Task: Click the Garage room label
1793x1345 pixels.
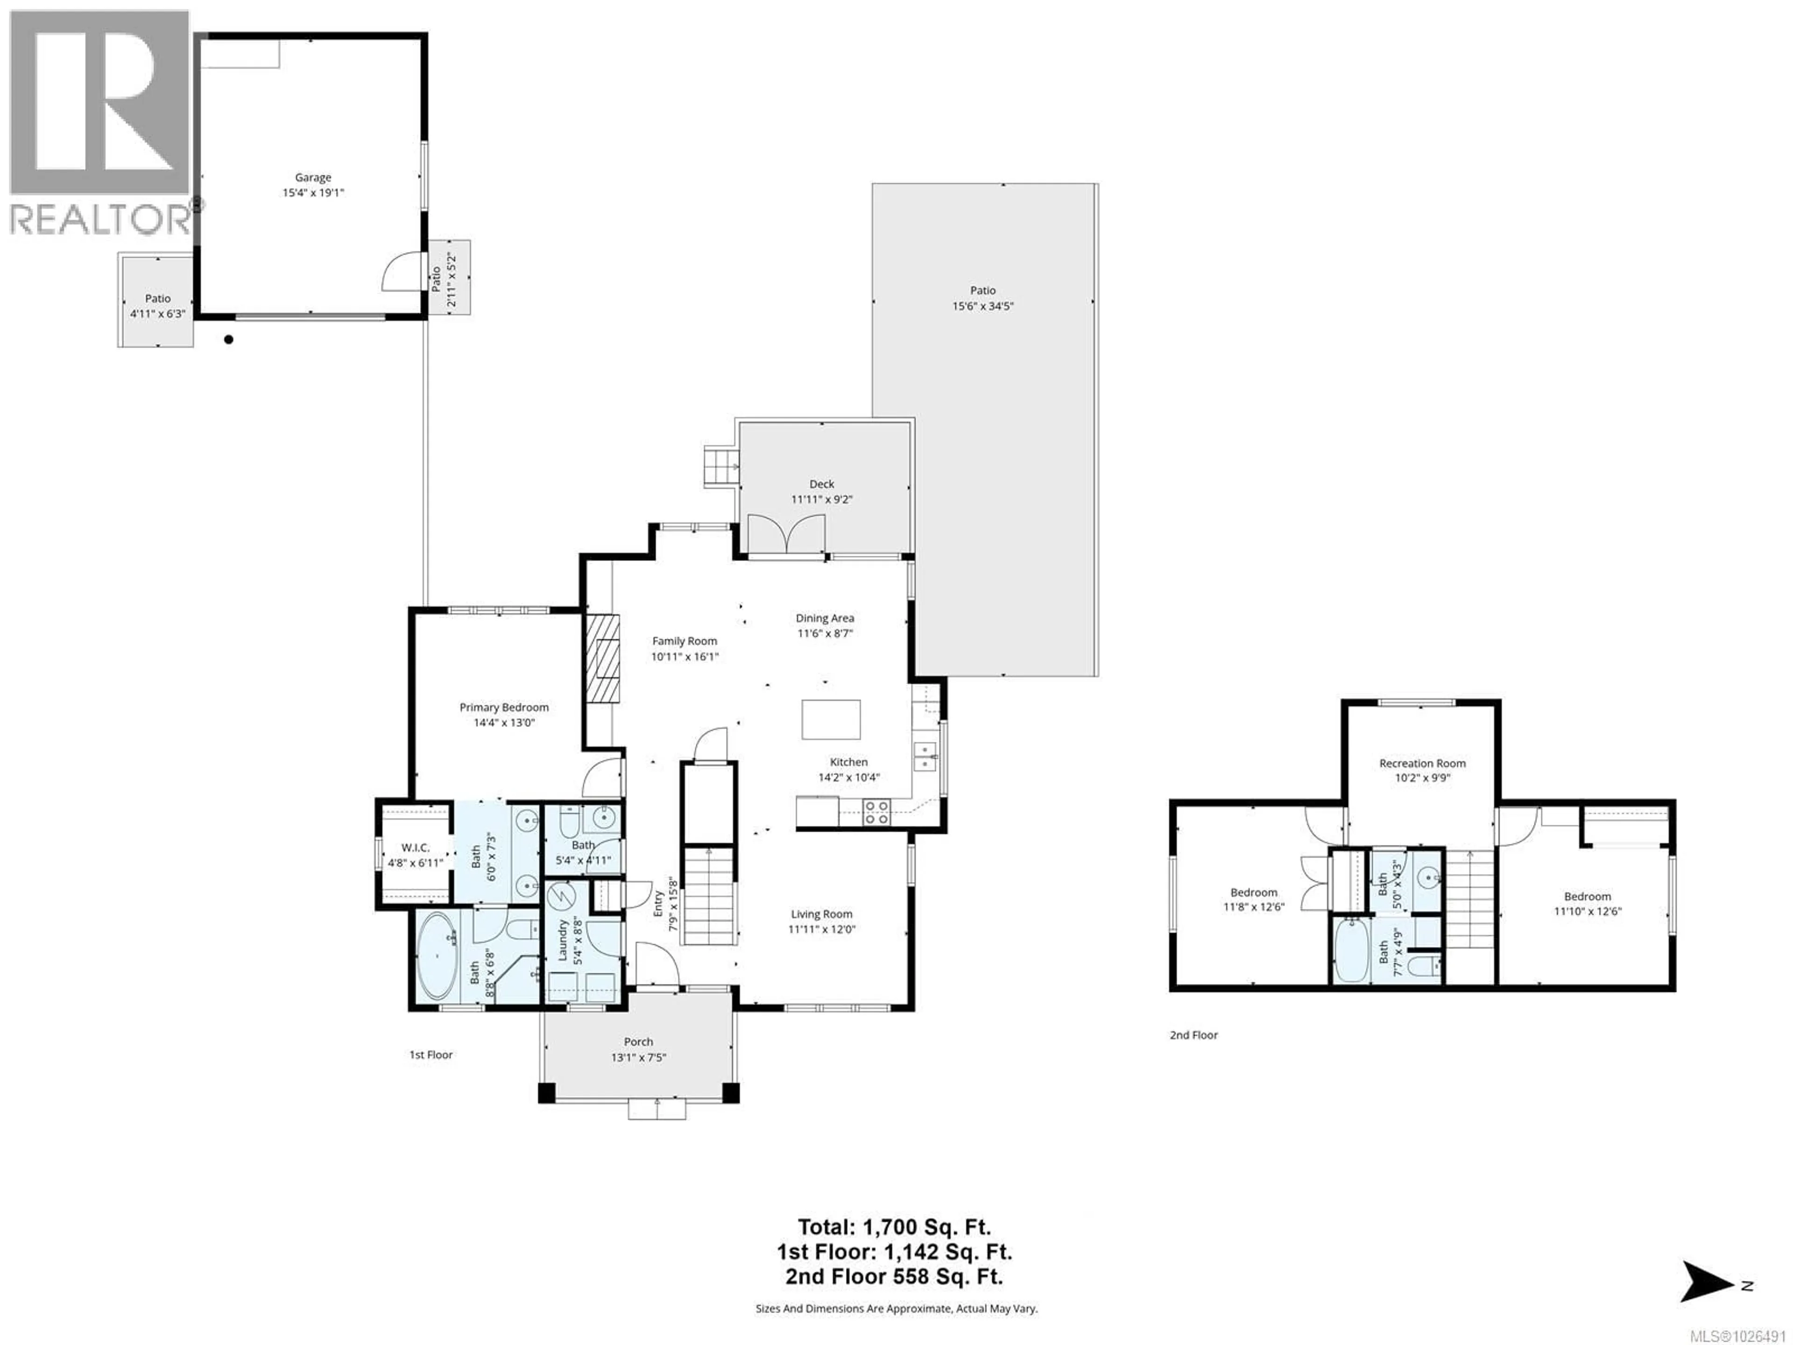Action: (313, 177)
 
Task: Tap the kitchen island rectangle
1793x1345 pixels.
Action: (831, 719)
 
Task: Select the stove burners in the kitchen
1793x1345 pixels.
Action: (876, 812)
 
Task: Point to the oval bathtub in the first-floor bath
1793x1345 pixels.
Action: (438, 956)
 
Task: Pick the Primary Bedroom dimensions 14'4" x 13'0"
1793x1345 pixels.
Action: (504, 722)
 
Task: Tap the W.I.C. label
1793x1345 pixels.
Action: (415, 847)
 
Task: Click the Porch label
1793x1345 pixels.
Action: (639, 1042)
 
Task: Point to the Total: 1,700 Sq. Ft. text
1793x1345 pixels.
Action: (894, 1227)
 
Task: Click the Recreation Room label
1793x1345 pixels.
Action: (1423, 763)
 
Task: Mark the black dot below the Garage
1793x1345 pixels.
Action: (229, 340)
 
